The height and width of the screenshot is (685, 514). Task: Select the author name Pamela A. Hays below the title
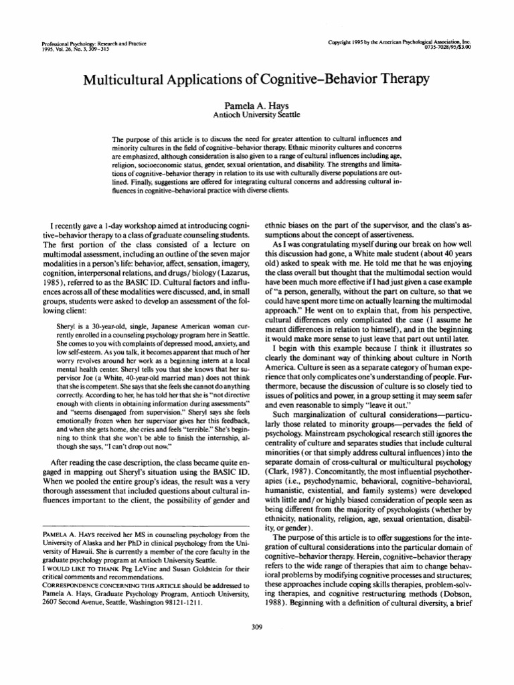click(257, 105)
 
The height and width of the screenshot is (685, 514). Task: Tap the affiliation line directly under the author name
click(257, 114)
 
